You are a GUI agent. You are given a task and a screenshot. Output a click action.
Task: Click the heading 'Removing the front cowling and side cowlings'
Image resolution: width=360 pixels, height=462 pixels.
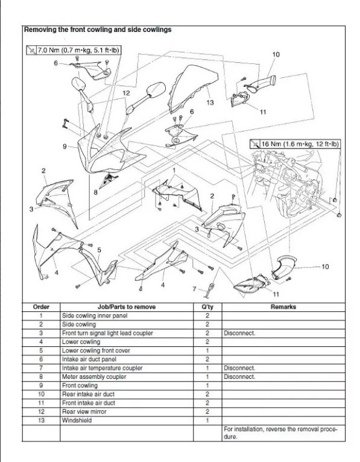[x=96, y=29]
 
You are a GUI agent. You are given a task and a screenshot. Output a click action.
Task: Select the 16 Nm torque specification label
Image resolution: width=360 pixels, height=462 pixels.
[x=295, y=144]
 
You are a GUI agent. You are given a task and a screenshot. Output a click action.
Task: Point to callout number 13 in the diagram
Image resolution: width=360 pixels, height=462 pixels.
[x=209, y=103]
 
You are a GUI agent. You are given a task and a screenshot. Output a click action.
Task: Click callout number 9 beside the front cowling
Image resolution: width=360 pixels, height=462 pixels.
[x=64, y=146]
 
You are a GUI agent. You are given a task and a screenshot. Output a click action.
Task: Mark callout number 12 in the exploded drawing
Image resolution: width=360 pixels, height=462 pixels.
[x=126, y=93]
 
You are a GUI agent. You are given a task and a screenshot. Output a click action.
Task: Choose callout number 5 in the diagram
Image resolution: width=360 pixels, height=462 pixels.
[x=99, y=249]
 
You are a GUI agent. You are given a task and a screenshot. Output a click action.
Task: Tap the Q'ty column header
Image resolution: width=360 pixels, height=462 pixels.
[x=207, y=306]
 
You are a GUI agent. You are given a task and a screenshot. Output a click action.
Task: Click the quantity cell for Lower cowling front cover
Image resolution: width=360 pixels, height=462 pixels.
[x=207, y=350]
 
